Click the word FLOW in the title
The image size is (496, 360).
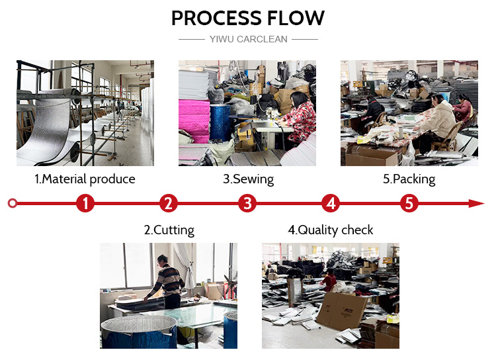click(x=294, y=18)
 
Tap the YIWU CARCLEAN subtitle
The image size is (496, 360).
click(x=248, y=39)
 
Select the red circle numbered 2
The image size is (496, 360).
click(x=169, y=203)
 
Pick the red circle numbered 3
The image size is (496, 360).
click(x=247, y=203)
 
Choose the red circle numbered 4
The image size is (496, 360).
click(x=331, y=203)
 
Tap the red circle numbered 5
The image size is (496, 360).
click(x=409, y=203)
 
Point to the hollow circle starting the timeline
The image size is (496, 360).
click(x=13, y=203)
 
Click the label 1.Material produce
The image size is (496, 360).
click(x=85, y=179)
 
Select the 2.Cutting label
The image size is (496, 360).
click(x=169, y=230)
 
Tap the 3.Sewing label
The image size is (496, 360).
click(x=248, y=179)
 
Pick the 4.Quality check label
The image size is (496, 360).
click(x=331, y=230)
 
